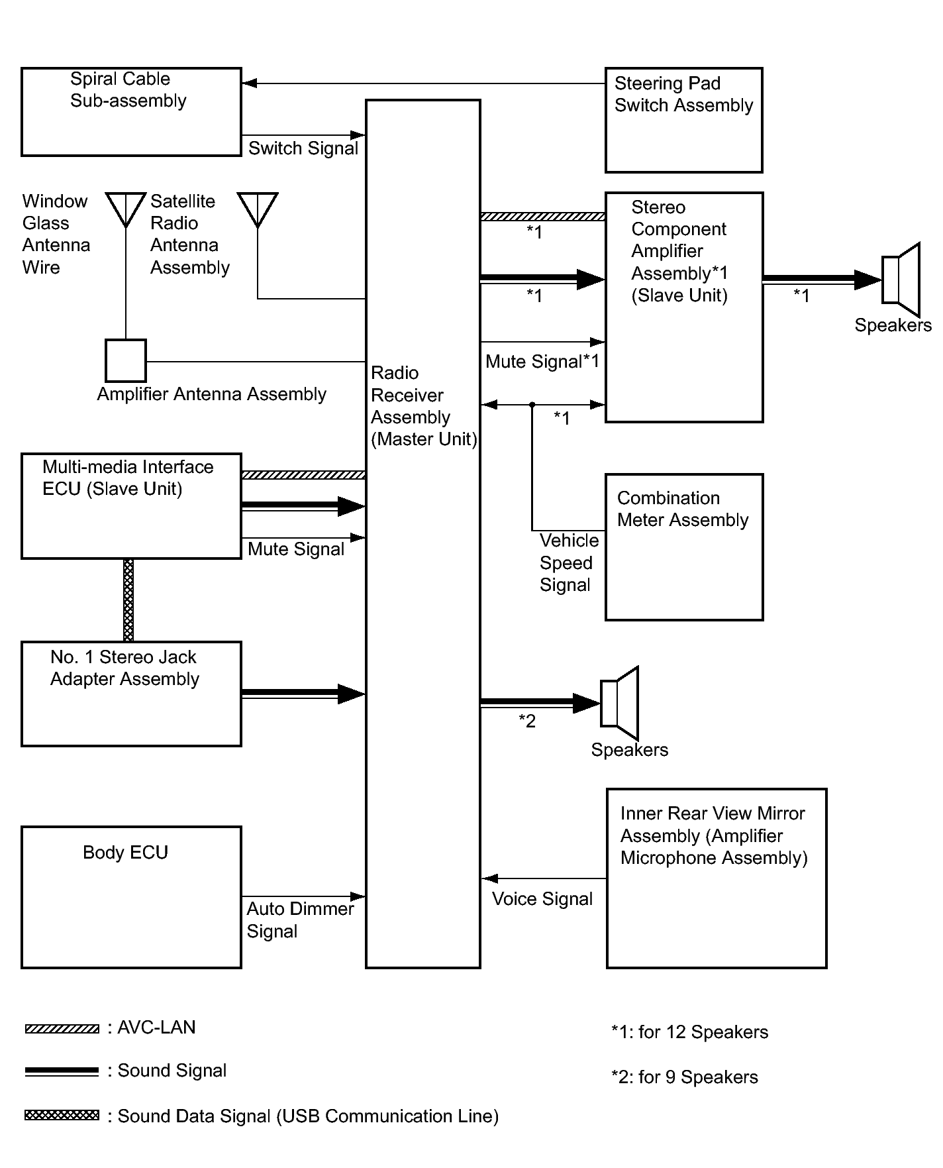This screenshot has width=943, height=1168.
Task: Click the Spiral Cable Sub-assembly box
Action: tap(131, 112)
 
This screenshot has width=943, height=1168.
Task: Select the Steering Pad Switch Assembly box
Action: tap(683, 120)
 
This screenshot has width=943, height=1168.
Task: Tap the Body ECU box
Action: tap(131, 897)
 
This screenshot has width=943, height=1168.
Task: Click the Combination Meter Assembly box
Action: tap(684, 547)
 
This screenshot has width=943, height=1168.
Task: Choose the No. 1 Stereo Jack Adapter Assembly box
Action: tap(131, 694)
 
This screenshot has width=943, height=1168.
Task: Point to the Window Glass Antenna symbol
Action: tap(126, 209)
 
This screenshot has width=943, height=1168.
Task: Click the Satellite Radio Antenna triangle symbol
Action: tap(258, 209)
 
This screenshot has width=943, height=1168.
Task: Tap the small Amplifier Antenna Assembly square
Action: tap(126, 361)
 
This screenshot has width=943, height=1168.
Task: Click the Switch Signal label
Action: tap(303, 148)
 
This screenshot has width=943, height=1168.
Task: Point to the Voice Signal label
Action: tap(542, 899)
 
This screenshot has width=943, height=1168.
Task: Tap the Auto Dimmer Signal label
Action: tap(299, 920)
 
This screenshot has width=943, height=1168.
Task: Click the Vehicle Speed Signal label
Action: tap(568, 563)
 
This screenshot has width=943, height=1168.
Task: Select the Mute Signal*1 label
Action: tap(542, 362)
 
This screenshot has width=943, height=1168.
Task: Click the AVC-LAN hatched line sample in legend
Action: tap(62, 1029)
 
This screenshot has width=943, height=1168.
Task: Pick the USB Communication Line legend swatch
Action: tap(62, 1116)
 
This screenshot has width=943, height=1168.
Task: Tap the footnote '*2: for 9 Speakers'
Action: tap(684, 1077)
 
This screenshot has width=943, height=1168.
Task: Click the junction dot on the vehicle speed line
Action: tap(532, 404)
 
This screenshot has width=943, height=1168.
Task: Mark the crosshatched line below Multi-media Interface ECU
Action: tap(128, 600)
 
